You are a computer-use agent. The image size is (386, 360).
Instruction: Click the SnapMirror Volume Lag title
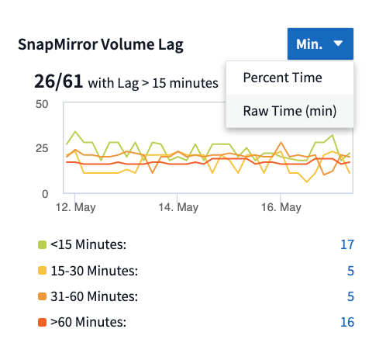(x=101, y=44)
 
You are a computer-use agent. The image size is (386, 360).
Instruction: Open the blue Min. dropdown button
(x=319, y=44)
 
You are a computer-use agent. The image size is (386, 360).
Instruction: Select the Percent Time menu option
(x=282, y=78)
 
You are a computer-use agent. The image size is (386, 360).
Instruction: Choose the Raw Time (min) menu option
(x=289, y=110)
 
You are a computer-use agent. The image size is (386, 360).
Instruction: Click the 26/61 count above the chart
(x=58, y=81)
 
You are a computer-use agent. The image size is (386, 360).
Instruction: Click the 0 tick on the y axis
(x=46, y=192)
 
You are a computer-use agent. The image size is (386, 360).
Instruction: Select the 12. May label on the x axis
(x=75, y=208)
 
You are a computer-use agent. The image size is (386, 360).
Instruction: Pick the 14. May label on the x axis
(x=178, y=208)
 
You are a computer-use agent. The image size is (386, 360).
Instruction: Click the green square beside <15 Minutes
(x=43, y=245)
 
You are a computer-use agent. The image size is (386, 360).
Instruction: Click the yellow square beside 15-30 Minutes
(x=43, y=271)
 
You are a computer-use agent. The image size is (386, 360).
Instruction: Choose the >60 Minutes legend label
(x=88, y=322)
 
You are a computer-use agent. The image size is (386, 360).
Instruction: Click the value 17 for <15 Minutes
(x=346, y=245)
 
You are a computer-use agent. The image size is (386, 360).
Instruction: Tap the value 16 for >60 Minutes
(x=346, y=322)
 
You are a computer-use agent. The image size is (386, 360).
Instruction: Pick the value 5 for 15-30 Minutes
(x=350, y=271)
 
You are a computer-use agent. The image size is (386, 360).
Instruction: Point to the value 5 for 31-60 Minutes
(x=350, y=296)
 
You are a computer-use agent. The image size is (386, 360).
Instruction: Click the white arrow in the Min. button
(x=339, y=44)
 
